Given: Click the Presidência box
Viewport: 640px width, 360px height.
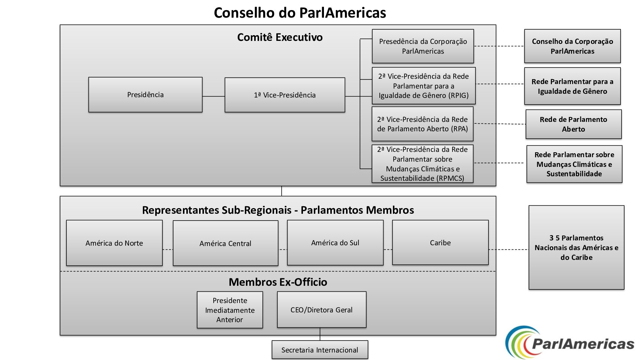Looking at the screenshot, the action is click(145, 94).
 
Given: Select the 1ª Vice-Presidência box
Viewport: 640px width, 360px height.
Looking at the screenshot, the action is click(285, 95).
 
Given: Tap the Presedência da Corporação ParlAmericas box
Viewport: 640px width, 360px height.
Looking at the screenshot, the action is click(423, 46).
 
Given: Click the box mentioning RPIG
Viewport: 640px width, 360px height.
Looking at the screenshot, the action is click(424, 86).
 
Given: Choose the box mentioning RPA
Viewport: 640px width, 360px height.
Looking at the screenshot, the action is click(423, 124).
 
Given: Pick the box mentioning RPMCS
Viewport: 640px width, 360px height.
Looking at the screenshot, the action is click(423, 164).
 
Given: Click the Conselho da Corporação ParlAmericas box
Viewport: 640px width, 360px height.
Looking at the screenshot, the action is click(573, 46).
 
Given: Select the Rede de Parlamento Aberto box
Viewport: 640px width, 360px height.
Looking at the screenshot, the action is click(574, 124).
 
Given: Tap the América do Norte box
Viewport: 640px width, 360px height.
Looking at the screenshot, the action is click(114, 243).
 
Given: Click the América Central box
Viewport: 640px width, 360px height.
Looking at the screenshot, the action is click(225, 243).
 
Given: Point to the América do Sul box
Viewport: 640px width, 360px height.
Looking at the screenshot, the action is click(335, 243).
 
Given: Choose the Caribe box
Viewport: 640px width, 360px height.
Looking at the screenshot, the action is click(440, 243).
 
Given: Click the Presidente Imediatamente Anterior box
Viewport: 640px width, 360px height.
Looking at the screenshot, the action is click(230, 310).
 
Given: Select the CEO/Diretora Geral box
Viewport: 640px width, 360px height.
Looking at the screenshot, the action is click(322, 310).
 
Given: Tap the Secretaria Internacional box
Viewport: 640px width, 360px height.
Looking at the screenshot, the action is click(320, 350).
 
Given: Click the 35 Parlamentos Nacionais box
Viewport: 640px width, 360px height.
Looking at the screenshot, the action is click(577, 247).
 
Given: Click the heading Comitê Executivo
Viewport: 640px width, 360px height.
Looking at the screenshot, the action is click(280, 37).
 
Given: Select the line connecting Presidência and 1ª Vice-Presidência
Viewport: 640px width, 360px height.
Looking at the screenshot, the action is click(213, 96).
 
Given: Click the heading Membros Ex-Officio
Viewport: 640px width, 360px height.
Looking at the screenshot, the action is click(278, 282).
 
